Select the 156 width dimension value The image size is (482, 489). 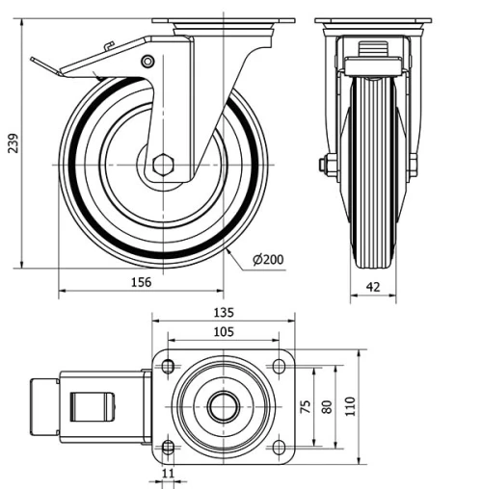[x=141, y=282]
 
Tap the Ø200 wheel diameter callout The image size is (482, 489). [x=268, y=260]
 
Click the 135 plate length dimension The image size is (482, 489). [x=223, y=313]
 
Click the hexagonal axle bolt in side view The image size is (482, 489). [x=162, y=165]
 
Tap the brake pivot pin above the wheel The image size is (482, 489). [x=147, y=63]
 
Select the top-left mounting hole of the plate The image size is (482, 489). [x=168, y=367]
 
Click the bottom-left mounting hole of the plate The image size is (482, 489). [x=168, y=448]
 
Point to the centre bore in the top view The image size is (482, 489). [x=223, y=407]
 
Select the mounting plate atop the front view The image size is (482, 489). [x=372, y=20]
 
